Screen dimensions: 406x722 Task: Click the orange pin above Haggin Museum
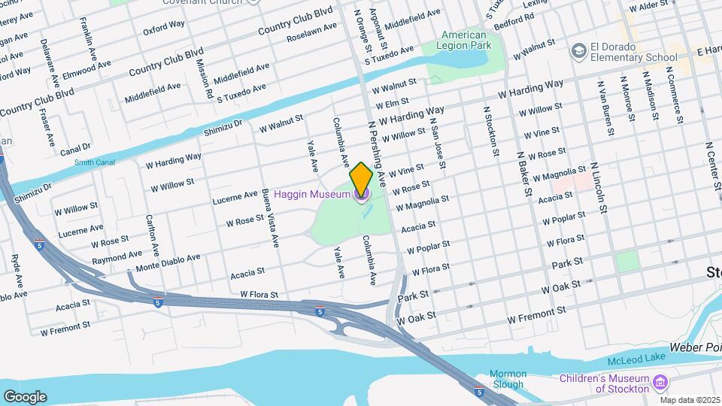click(x=362, y=179)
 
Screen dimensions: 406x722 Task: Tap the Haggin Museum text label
click(x=311, y=195)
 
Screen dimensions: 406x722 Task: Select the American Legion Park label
click(x=466, y=40)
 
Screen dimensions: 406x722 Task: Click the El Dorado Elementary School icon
click(x=578, y=50)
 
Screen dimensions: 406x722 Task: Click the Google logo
click(x=25, y=396)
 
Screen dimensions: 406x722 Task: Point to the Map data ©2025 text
click(x=690, y=400)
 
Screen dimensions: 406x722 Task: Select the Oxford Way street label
click(x=163, y=29)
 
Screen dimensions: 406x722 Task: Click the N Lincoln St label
click(x=599, y=187)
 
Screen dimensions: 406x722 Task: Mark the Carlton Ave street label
click(x=153, y=235)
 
